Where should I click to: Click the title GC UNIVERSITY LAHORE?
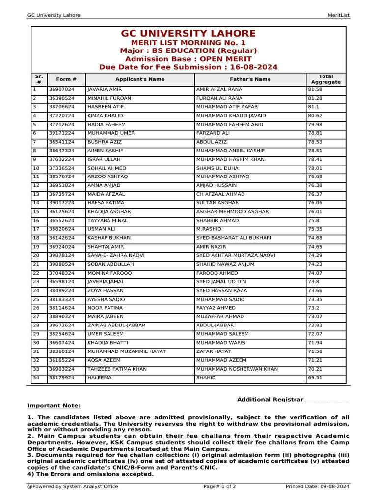(188, 34)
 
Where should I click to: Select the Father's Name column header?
(250, 79)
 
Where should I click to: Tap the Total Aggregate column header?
(325, 79)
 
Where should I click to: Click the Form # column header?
(66, 79)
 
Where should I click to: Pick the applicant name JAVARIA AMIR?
(105, 90)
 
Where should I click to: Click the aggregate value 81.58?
(315, 90)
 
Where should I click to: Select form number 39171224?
(61, 133)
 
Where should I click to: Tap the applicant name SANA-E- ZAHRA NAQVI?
(115, 255)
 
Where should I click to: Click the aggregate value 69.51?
(315, 378)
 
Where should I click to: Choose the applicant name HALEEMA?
(100, 378)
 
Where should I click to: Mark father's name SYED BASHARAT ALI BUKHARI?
(234, 238)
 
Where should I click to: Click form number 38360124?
(61, 351)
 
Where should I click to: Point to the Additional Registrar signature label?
(293, 400)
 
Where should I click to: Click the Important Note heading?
(54, 406)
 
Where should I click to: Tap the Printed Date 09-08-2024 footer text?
(317, 487)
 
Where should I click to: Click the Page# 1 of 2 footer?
(219, 487)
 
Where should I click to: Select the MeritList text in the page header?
(338, 15)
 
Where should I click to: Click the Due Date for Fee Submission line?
(188, 67)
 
